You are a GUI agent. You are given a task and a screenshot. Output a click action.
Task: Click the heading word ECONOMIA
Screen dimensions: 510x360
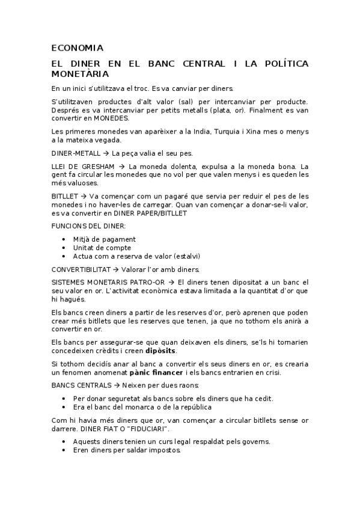pos(78,48)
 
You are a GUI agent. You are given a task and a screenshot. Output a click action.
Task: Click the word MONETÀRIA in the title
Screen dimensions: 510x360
pos(80,74)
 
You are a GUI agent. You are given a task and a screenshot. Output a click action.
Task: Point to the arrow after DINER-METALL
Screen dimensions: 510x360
pos(106,153)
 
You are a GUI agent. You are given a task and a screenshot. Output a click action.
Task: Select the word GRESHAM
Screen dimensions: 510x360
pos(95,167)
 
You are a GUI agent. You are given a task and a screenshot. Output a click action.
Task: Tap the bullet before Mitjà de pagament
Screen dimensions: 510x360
pos(64,239)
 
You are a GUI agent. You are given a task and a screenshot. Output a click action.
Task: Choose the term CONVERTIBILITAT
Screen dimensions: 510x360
pos(80,269)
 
